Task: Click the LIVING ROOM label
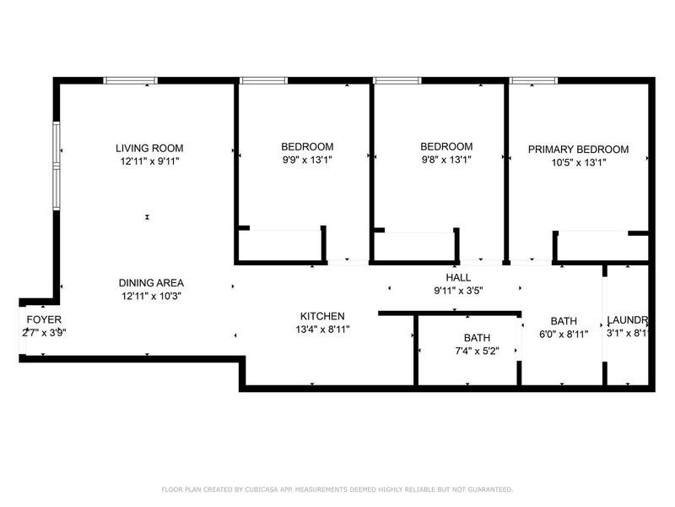(149, 148)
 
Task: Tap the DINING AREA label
(151, 283)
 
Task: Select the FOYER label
(44, 319)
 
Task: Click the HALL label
(458, 277)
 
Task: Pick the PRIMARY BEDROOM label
(578, 150)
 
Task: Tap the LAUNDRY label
(628, 321)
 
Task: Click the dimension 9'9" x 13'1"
(307, 160)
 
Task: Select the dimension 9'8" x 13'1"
(445, 160)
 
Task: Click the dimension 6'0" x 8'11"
(564, 335)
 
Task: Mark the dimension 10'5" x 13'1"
(578, 163)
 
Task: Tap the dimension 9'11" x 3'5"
(458, 291)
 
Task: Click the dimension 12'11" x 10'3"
(151, 297)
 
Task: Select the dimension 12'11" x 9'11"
(149, 161)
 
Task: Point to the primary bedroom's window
(533, 81)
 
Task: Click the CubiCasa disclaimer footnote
(337, 489)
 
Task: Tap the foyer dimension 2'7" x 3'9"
(44, 333)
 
